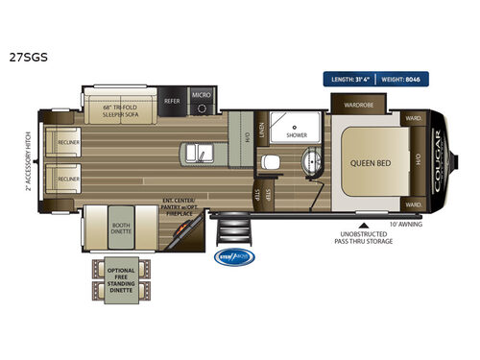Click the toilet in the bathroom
272,162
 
